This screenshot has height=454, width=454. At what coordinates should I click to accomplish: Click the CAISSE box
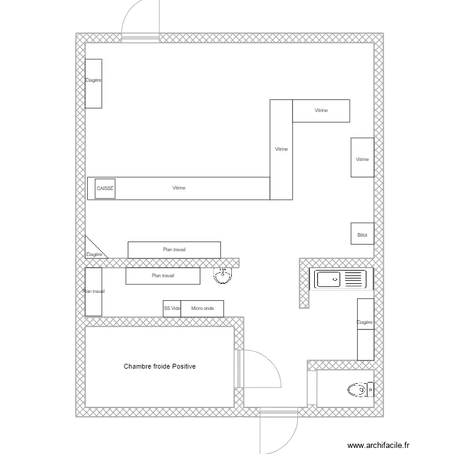105,188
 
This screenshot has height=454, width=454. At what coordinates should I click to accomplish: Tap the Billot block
362,234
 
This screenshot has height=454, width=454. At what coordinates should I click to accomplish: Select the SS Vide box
172,309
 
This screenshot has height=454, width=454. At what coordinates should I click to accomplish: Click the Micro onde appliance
203,309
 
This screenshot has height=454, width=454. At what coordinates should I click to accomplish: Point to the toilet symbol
361,390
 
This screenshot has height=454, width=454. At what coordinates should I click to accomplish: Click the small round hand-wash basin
223,276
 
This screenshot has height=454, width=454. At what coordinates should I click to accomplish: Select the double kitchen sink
338,280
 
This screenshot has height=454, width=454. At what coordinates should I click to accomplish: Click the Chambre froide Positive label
160,366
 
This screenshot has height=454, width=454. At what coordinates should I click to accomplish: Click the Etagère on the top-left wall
93,84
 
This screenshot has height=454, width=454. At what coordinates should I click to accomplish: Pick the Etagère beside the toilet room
365,329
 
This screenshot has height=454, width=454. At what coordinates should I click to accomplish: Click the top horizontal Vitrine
321,111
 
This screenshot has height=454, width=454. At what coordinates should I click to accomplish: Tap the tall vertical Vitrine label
281,149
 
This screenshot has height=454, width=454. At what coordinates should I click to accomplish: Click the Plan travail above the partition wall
174,249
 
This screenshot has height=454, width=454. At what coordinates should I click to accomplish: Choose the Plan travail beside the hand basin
162,276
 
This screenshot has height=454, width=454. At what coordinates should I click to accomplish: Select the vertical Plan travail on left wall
93,292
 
